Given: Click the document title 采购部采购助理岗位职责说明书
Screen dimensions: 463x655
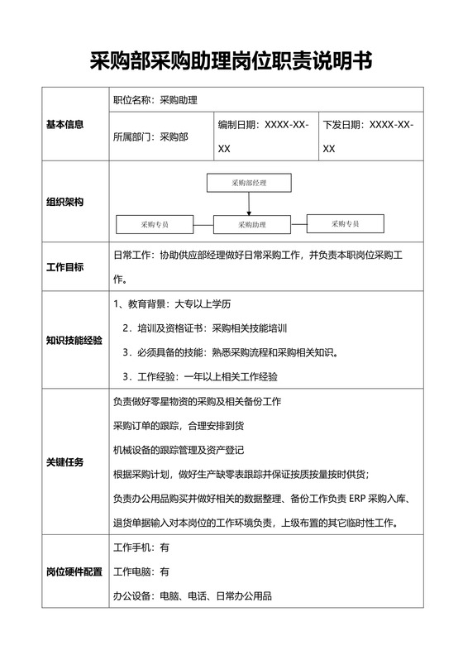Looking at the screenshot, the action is tap(231, 60).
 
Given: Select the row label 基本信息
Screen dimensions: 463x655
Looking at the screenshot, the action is tap(64, 125).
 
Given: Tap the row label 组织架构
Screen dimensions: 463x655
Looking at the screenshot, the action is tap(64, 203).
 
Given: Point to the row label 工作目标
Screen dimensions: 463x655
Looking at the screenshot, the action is tap(64, 266).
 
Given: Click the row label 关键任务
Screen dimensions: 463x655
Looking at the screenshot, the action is tap(64, 461).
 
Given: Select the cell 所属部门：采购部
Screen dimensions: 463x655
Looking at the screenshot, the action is tap(150, 137).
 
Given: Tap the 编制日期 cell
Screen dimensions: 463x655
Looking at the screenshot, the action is tap(264, 136).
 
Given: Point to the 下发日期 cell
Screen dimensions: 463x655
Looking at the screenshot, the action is tap(369, 136).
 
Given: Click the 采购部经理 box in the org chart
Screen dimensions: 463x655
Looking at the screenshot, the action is tap(249, 182).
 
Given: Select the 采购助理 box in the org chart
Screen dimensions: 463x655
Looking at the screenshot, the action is tap(252, 224).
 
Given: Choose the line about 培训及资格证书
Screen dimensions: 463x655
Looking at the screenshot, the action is tap(204, 328).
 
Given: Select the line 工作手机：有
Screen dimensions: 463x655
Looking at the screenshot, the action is tap(141, 547).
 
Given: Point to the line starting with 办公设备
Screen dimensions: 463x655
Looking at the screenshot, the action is tap(192, 595).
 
